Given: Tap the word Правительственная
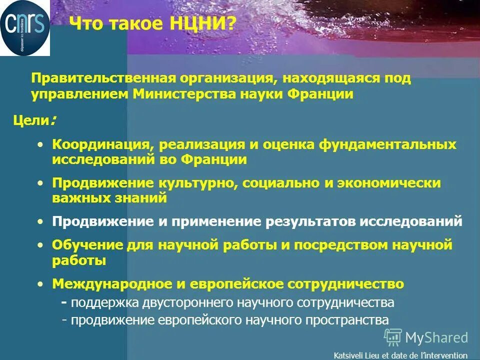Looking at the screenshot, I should pyautogui.click(x=97, y=79).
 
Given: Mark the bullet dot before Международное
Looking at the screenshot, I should pyautogui.click(x=40, y=284).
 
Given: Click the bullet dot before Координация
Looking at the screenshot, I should pyautogui.click(x=40, y=144).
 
